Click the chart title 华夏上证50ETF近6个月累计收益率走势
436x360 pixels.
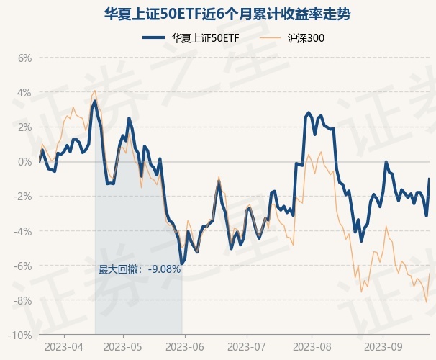[x=217, y=14]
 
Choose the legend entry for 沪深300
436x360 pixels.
[x=295, y=37]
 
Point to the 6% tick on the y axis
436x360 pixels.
[x=24, y=58]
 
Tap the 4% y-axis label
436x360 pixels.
[x=24, y=92]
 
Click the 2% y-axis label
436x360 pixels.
[x=24, y=127]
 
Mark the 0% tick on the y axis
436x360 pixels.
[x=24, y=161]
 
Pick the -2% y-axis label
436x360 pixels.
[x=23, y=196]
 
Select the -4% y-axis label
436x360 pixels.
[x=23, y=231]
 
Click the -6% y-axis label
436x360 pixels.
[x=23, y=266]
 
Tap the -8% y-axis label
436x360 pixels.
[x=23, y=300]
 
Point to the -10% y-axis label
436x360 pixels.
[x=21, y=335]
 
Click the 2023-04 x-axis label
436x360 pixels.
[x=64, y=346]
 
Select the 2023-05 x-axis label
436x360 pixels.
[x=123, y=346]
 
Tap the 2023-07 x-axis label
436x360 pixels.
[x=247, y=346]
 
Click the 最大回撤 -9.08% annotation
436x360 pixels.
[x=140, y=270]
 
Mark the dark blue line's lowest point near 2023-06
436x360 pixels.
[x=182, y=264]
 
